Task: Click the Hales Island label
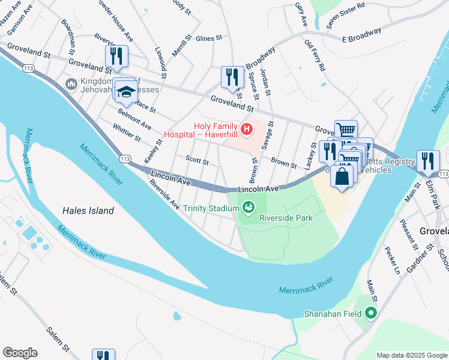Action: (x=88, y=211)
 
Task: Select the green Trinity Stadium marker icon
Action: (x=248, y=208)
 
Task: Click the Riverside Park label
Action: (x=286, y=218)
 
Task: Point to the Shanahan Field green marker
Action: (x=371, y=313)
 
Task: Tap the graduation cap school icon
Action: (x=126, y=92)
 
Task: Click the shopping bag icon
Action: (x=342, y=176)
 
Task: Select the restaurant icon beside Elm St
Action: (x=428, y=161)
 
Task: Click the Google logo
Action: (x=19, y=353)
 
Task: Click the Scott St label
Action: (x=197, y=161)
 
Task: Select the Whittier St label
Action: (x=127, y=133)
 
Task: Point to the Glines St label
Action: (x=208, y=37)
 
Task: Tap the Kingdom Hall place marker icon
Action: (x=71, y=83)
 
